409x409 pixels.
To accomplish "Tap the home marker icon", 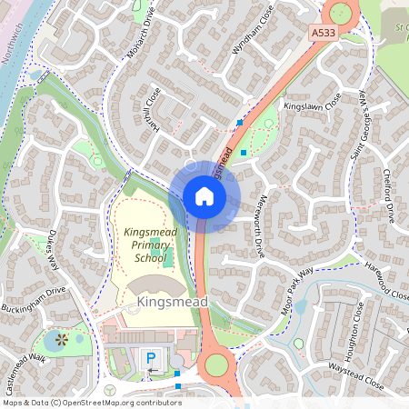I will [204, 196].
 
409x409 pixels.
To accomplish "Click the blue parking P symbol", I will [151, 359].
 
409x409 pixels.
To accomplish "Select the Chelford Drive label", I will [389, 195].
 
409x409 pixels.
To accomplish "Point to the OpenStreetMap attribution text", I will [91, 402].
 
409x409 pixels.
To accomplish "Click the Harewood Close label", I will [388, 280].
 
